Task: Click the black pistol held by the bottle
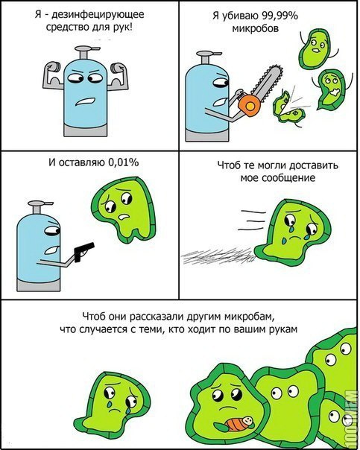tap(83, 251)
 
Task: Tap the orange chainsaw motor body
tap(249, 105)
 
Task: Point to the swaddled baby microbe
tap(240, 424)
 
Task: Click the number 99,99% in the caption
tap(280, 16)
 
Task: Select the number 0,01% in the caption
tap(123, 162)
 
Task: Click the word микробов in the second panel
tap(255, 29)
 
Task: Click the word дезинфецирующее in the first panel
tap(98, 15)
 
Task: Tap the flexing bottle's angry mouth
tap(85, 102)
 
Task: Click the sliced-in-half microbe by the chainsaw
tap(288, 108)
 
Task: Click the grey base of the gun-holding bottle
tap(39, 285)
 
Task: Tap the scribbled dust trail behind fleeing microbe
tap(218, 256)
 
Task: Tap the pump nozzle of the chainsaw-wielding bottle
tap(208, 57)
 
